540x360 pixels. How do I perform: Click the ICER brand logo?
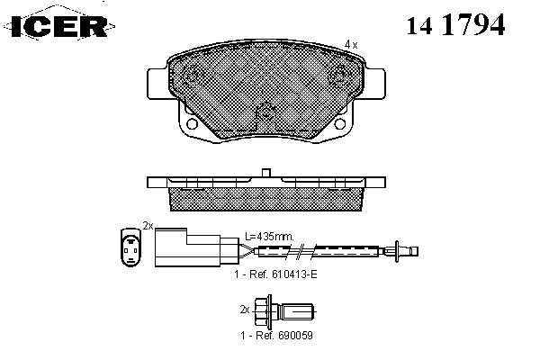[59, 26]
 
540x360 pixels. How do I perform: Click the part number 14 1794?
[455, 24]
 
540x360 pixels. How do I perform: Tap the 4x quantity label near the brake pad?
[351, 44]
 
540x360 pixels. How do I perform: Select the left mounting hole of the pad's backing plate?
[191, 123]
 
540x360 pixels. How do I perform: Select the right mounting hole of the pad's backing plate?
[340, 123]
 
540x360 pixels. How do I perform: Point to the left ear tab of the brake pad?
[157, 84]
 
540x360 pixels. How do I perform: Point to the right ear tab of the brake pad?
[374, 84]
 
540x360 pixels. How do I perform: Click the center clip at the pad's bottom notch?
[265, 112]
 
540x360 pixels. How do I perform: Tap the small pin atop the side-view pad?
[266, 173]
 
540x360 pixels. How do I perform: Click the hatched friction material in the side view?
[265, 199]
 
